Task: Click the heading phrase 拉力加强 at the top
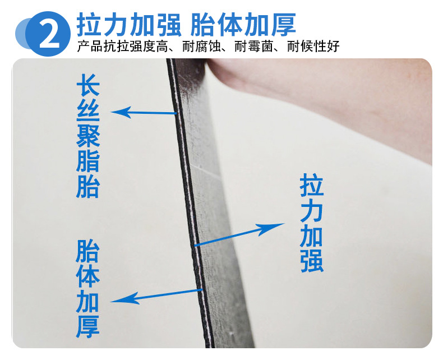click(129, 25)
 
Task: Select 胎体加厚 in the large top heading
click(243, 25)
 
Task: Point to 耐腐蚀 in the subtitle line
click(201, 47)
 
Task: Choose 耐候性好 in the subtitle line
click(313, 47)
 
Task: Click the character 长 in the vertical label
click(88, 85)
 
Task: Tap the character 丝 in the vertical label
click(88, 110)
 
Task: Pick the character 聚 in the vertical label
click(88, 136)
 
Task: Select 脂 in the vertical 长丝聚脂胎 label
click(88, 161)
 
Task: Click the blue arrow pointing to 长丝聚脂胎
click(144, 113)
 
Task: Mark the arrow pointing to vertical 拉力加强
click(239, 234)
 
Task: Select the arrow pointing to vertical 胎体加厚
click(156, 296)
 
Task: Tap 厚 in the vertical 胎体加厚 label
click(88, 327)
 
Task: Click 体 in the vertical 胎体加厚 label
click(88, 276)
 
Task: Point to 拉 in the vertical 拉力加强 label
click(312, 185)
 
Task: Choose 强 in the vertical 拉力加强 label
click(312, 261)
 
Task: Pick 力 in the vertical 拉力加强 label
click(312, 210)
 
